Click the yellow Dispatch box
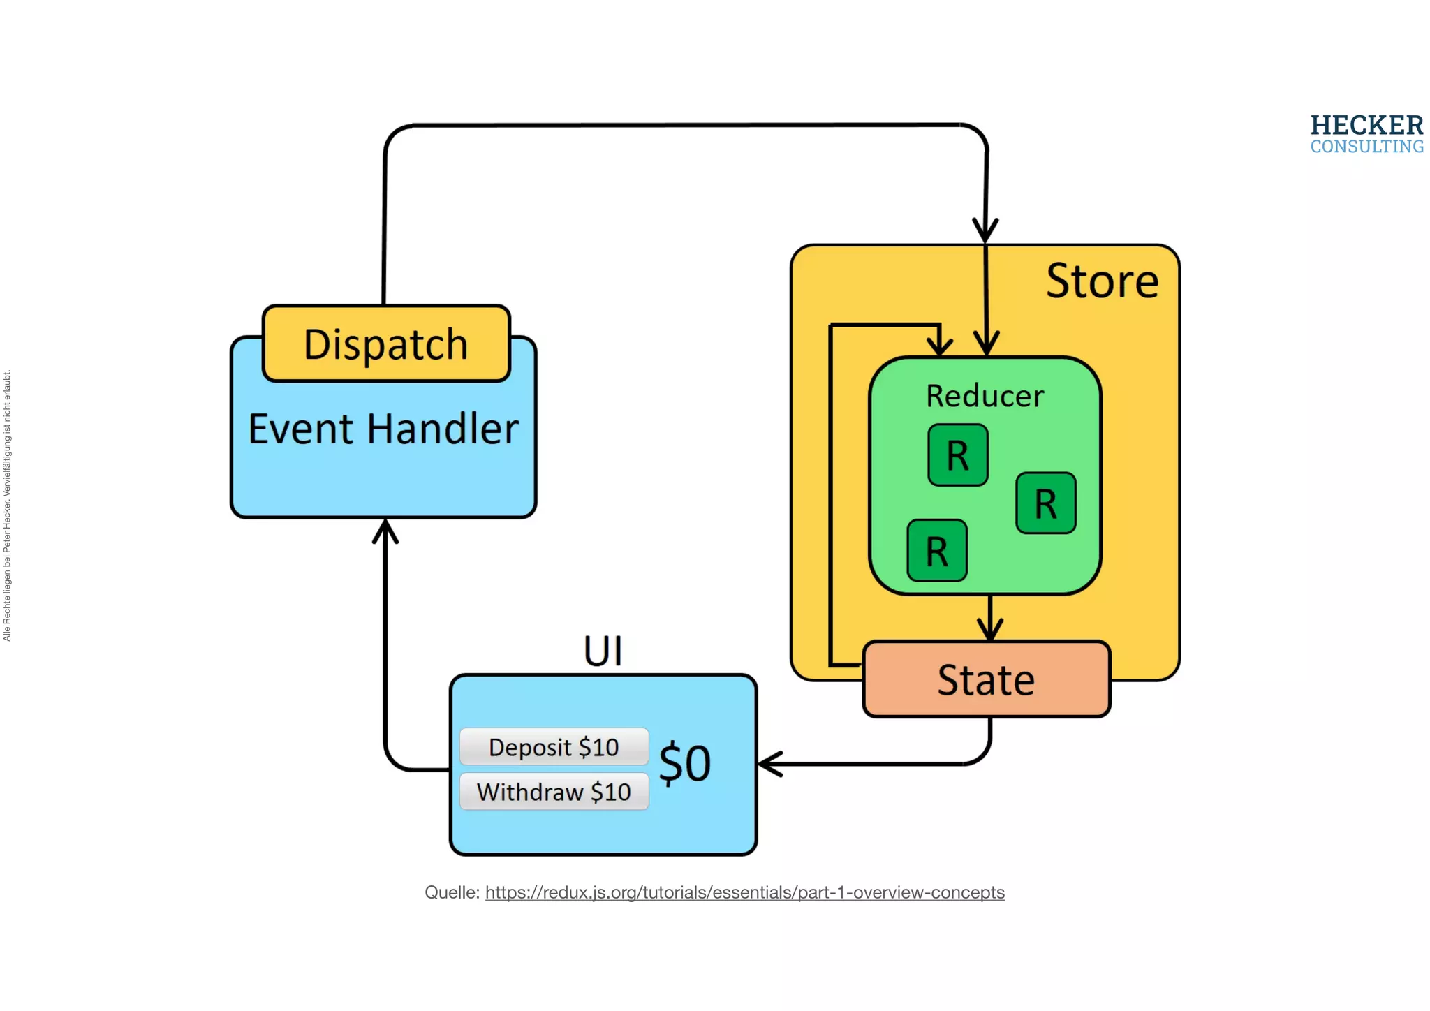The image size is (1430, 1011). [x=386, y=344]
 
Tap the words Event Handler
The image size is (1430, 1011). [x=383, y=429]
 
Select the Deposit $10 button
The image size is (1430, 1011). [x=554, y=747]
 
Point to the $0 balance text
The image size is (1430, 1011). [x=685, y=764]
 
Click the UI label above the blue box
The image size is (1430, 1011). [x=603, y=651]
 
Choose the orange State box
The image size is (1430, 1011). [x=986, y=680]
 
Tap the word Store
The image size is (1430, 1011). [x=1102, y=281]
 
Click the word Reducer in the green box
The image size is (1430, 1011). [x=985, y=396]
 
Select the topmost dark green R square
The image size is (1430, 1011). [x=957, y=455]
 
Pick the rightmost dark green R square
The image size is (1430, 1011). [x=1045, y=503]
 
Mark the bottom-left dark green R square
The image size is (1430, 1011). [x=937, y=551]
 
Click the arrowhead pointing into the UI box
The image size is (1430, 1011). [x=768, y=764]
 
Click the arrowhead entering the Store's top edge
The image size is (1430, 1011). [x=985, y=231]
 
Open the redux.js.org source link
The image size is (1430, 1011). [x=744, y=892]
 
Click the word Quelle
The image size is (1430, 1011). [x=451, y=892]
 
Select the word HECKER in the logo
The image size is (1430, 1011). [x=1366, y=126]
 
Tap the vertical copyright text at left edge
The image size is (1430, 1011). [x=7, y=505]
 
